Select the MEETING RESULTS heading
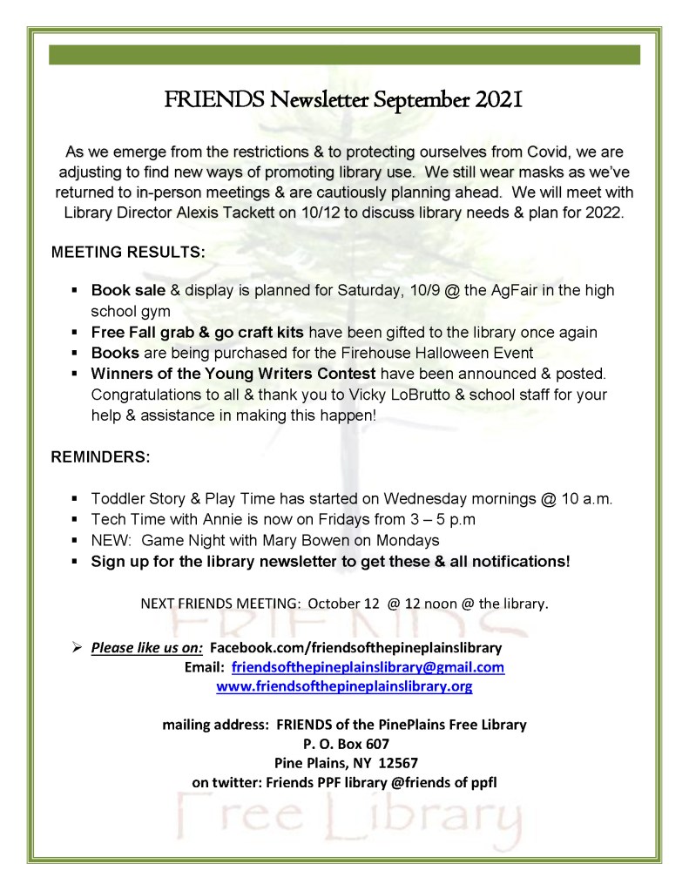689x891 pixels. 129,253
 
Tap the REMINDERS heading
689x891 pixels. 101,456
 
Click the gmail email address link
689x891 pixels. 368,668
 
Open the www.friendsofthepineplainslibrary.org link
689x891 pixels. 344,687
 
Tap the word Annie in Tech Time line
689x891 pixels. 198,520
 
